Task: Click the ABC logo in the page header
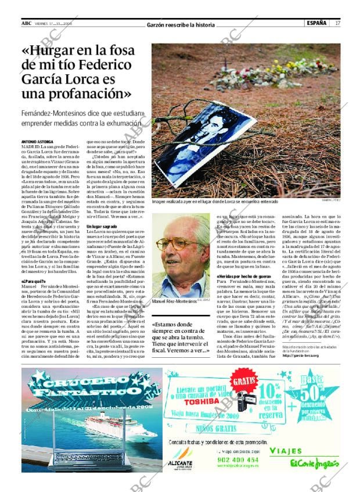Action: pos(26,23)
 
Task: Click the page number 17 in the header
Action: pos(337,23)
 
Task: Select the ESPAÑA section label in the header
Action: pos(316,23)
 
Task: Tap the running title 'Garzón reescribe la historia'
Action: pos(181,25)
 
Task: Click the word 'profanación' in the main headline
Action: pos(84,92)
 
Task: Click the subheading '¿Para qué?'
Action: pos(33,281)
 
